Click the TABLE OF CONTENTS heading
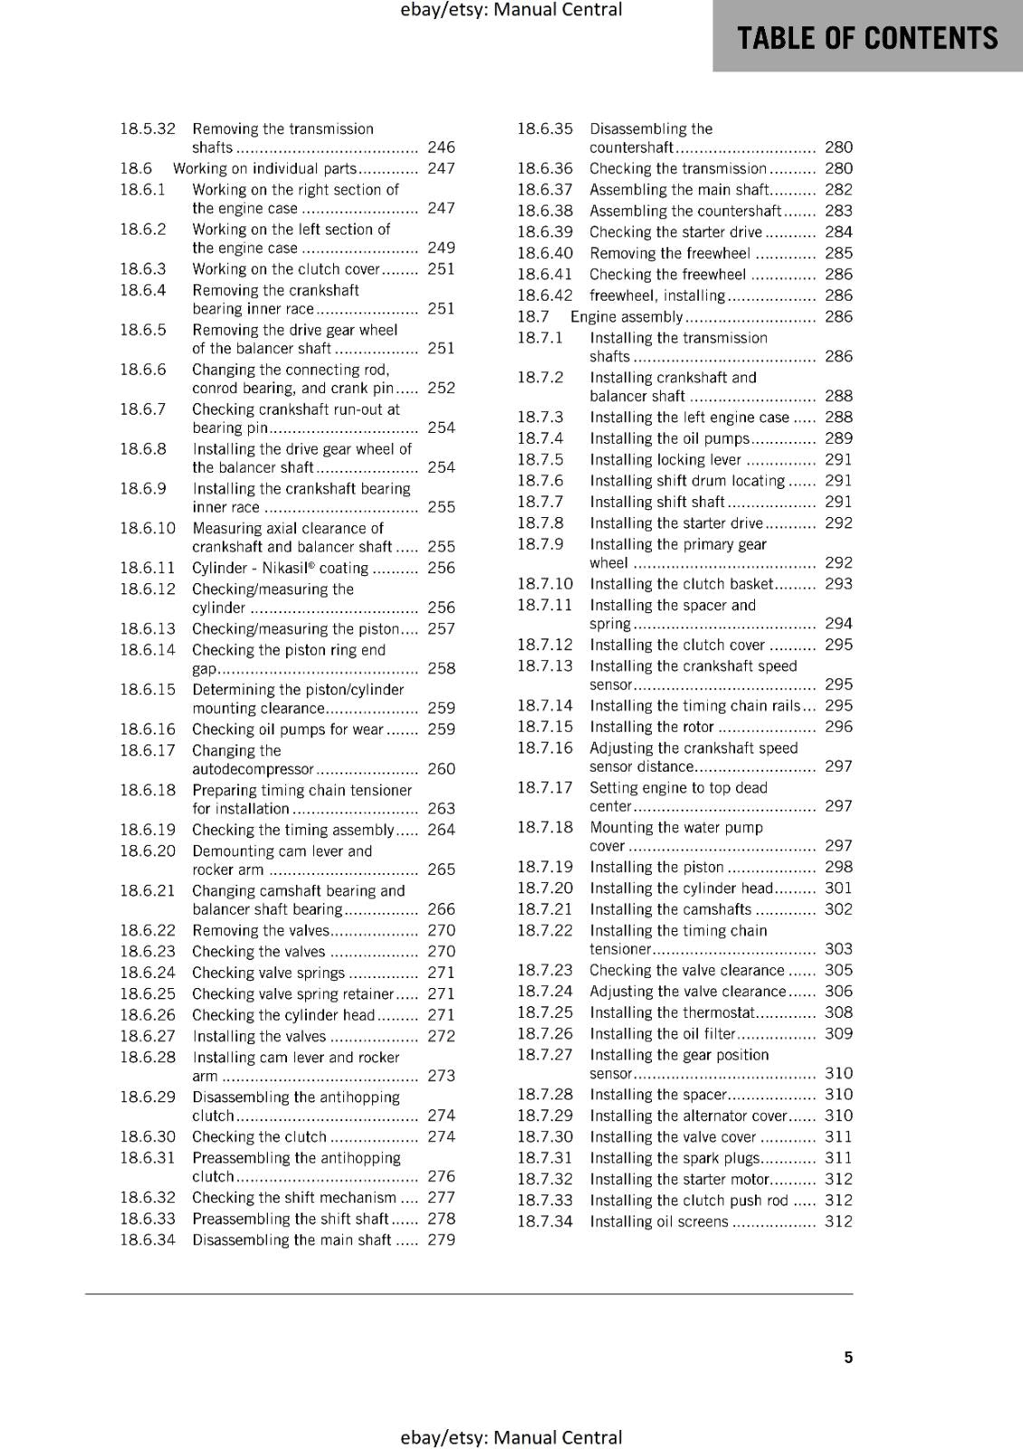point(867,38)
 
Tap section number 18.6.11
point(148,568)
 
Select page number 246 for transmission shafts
point(441,147)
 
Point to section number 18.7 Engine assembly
point(533,317)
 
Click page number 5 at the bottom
point(848,1357)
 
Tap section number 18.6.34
point(148,1240)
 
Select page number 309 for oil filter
point(838,1033)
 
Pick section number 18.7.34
point(545,1221)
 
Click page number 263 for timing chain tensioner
point(441,808)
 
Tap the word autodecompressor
point(253,769)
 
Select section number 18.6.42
point(545,295)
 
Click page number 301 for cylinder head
point(838,888)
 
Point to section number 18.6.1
point(143,189)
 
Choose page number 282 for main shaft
point(838,189)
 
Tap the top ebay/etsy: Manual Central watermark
point(511,10)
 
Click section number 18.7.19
point(545,867)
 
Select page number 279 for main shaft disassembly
point(441,1240)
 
